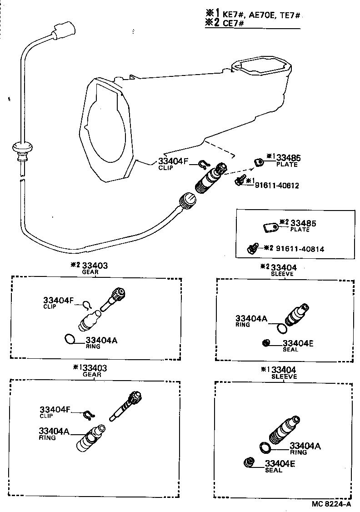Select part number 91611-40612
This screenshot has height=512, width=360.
277,185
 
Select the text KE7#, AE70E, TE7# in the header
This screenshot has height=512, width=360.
261,15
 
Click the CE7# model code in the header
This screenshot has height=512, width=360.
233,23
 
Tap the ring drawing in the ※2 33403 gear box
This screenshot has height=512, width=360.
69,339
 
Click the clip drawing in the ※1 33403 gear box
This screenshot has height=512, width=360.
88,414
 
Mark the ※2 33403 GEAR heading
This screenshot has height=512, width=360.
93,268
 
